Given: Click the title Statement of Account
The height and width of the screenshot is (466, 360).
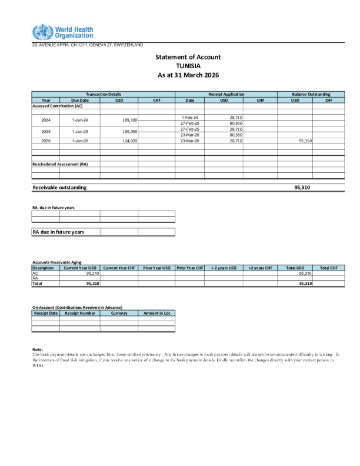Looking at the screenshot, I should point(188,57).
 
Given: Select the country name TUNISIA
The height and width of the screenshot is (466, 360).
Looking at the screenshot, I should point(188,66).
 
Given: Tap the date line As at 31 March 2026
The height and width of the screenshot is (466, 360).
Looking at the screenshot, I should point(188,75).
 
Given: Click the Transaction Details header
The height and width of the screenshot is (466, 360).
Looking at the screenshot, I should point(104,94).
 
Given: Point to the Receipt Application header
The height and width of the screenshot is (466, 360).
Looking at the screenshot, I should point(226,94).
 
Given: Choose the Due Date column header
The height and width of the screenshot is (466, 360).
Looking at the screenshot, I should point(79,100).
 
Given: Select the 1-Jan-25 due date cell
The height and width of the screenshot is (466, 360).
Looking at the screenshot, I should point(79,132).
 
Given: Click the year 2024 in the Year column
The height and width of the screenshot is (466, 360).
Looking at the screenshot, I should point(46,120).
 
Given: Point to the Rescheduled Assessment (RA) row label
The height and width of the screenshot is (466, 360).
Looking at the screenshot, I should point(60,164).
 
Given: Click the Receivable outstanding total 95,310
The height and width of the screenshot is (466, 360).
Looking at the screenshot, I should point(302,187).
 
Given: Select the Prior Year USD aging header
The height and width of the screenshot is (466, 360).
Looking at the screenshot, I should point(156,268).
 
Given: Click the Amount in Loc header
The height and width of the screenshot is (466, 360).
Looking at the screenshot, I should point(156,314).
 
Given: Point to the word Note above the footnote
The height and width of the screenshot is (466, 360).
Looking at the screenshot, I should point(38,349).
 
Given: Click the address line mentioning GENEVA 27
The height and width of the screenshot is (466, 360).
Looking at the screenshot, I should point(87,45).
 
